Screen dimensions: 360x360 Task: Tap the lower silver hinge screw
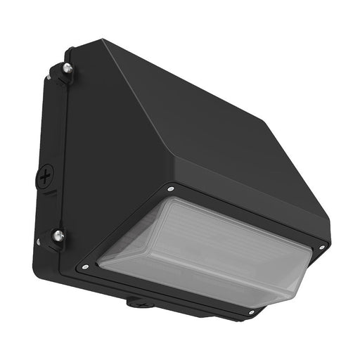pyautogui.click(x=58, y=236)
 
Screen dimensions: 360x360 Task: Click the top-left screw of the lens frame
pyautogui.click(x=171, y=188)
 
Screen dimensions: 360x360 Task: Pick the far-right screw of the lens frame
pyautogui.click(x=322, y=247)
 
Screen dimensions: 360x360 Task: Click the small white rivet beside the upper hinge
pyautogui.click(x=48, y=77)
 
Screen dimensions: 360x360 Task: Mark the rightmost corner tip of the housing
pyautogui.click(x=330, y=243)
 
